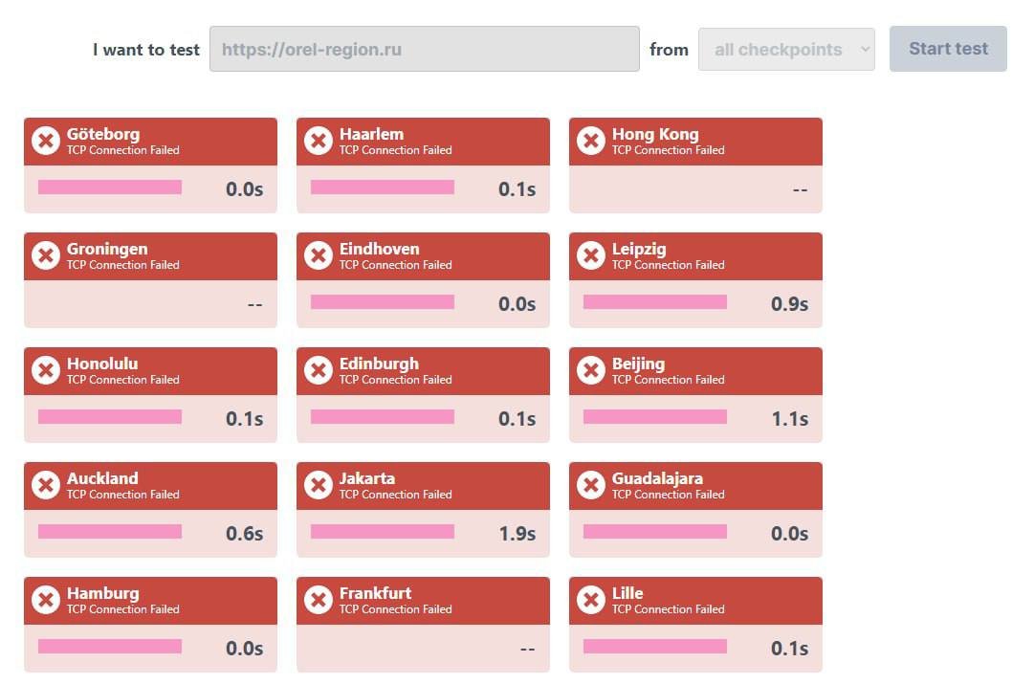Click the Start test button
coord(948,49)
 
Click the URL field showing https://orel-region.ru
coord(424,49)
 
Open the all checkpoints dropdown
coord(786,49)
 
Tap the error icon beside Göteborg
coord(46,141)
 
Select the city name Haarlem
coord(371,134)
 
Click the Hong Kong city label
coord(655,134)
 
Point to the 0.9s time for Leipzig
coord(789,304)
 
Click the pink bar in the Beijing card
coord(654,417)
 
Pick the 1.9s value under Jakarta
coord(517,534)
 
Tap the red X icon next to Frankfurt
coord(319,600)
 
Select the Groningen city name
coord(107,249)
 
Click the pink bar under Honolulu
coord(109,417)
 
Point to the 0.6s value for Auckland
coord(244,534)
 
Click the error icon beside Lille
coord(591,600)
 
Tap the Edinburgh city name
coord(379,364)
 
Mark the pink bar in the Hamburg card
coord(109,647)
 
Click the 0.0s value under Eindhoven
coord(517,304)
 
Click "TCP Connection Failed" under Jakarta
coord(395,495)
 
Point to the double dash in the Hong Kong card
coord(800,189)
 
